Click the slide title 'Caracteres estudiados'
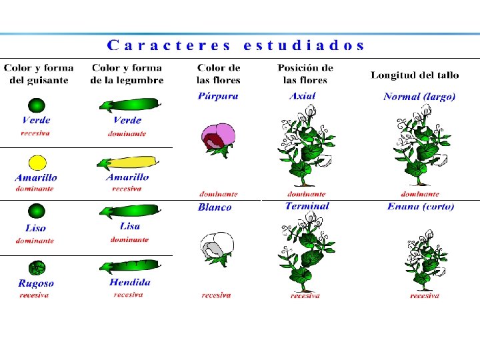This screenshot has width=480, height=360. [237, 45]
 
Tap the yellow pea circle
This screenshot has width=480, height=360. [37, 162]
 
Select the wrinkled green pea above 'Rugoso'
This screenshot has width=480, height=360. [36, 267]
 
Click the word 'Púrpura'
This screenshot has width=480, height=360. [218, 96]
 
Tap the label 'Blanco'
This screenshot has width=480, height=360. [215, 207]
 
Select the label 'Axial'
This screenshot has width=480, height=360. [302, 96]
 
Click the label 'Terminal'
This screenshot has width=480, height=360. [307, 206]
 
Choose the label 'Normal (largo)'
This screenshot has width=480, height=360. [419, 97]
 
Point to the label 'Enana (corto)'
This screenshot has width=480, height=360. [421, 207]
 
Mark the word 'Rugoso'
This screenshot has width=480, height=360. [36, 283]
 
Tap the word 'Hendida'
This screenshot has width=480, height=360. [130, 282]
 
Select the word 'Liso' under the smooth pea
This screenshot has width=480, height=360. [35, 228]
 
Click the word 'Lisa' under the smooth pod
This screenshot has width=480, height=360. [130, 227]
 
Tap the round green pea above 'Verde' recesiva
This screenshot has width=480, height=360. [36, 105]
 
